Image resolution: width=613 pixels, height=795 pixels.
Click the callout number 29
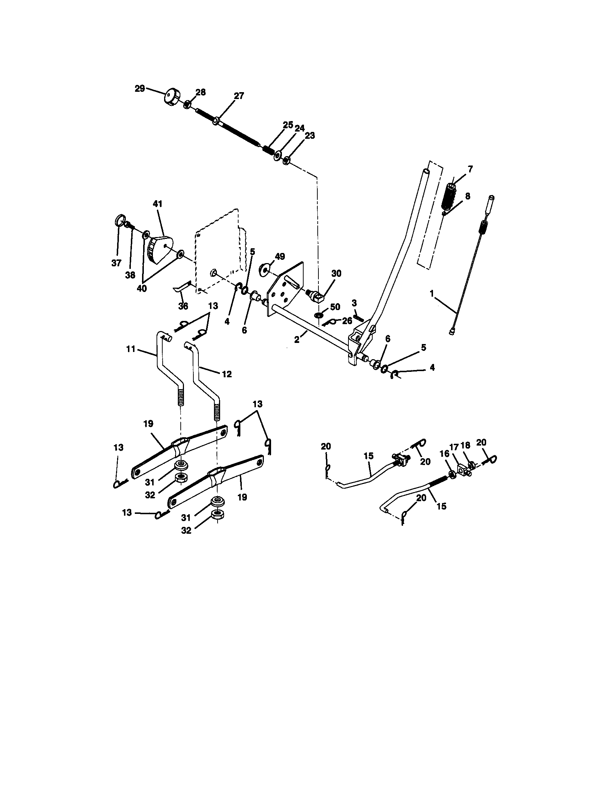[x=140, y=89]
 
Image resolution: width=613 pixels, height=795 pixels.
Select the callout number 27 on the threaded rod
[x=239, y=96]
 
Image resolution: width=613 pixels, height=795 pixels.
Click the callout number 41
[x=158, y=204]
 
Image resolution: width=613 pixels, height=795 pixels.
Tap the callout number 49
[x=279, y=257]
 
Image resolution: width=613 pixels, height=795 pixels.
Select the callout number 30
[x=336, y=274]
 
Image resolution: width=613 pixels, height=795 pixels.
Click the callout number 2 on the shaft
[x=297, y=340]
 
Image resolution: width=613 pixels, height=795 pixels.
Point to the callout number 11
[x=131, y=349]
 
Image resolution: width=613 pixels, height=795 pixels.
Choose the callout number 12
[x=226, y=374]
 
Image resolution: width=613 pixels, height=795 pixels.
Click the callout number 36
[x=183, y=306]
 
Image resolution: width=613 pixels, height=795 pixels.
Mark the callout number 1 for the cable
[x=432, y=293]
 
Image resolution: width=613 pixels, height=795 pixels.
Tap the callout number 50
[x=335, y=307]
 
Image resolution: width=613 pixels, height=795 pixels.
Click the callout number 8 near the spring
[x=467, y=196]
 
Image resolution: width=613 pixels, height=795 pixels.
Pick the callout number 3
[x=354, y=303]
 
